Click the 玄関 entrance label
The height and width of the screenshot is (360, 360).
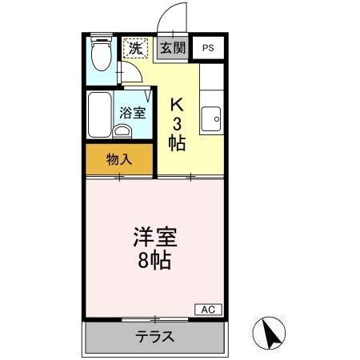(171, 48)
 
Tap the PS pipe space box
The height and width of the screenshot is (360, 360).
(208, 48)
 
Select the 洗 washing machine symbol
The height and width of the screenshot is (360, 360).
(136, 48)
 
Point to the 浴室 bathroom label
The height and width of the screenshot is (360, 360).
(133, 113)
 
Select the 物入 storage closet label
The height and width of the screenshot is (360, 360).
(119, 159)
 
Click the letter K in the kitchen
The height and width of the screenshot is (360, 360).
(178, 104)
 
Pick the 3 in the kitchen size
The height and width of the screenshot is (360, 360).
(178, 123)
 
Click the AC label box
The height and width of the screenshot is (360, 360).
(207, 310)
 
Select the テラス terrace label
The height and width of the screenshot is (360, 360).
(154, 336)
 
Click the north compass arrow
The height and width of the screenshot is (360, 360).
(271, 331)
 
